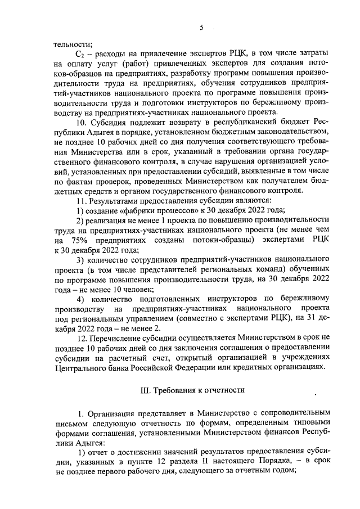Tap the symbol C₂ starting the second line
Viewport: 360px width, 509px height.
(81, 52)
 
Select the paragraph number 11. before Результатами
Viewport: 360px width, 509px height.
(82, 201)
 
